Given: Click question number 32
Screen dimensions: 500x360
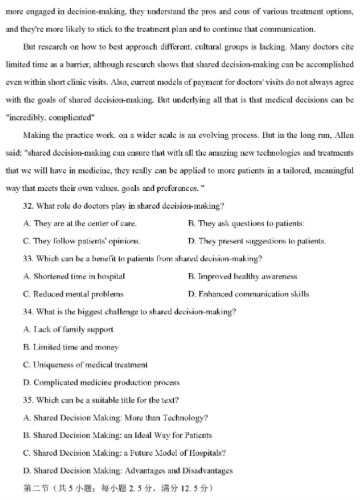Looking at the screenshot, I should pyautogui.click(x=29, y=205).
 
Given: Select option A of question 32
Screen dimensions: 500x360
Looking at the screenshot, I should pyautogui.click(x=80, y=223).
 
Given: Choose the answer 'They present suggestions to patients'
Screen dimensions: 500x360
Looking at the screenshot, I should pyautogui.click(x=257, y=241).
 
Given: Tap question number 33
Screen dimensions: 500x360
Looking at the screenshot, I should pyautogui.click(x=29, y=258).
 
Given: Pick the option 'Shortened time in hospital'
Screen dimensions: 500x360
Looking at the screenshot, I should pyautogui.click(x=74, y=277).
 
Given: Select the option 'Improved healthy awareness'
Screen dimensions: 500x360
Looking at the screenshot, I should pyautogui.click(x=242, y=277).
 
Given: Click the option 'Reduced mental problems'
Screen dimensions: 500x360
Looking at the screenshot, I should pyautogui.click(x=73, y=294).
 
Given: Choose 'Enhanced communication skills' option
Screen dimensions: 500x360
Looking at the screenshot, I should pyautogui.click(x=248, y=294).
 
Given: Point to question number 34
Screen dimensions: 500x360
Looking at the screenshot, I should pyautogui.click(x=29, y=312).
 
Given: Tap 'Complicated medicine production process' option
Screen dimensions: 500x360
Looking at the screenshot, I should pyautogui.click(x=101, y=383).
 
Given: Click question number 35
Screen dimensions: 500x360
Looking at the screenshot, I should pyautogui.click(x=29, y=400).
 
